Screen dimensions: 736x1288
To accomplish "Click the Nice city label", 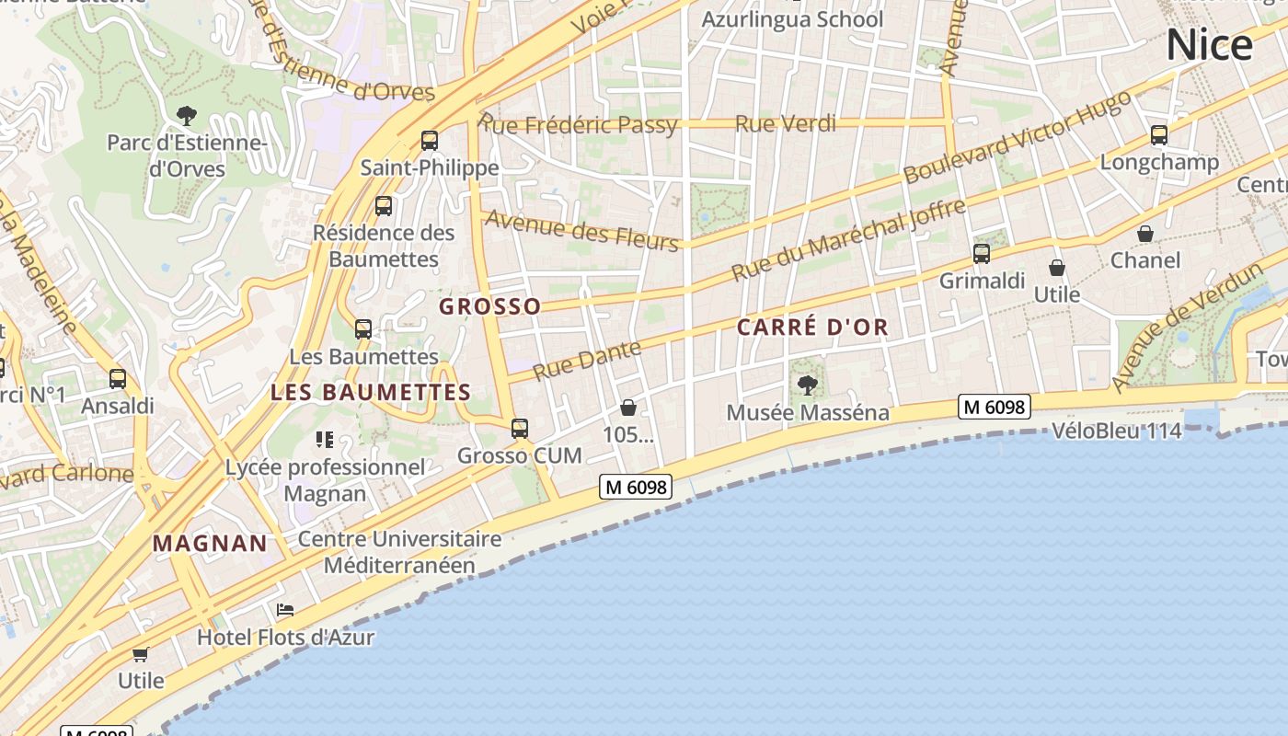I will (x=1209, y=45).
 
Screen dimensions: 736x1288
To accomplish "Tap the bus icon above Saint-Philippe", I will (x=430, y=141).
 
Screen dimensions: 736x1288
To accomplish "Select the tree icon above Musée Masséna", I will (x=808, y=385).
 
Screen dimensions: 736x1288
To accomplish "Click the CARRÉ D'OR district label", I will (x=812, y=328).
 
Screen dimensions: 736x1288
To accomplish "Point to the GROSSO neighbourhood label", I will (x=489, y=306).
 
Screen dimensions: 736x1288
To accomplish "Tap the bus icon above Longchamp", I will (x=1159, y=135).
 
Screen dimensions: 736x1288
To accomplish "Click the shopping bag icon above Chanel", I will (x=1145, y=234).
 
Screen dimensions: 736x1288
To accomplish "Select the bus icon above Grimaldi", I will (x=982, y=254).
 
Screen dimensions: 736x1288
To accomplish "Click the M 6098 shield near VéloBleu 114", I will (x=994, y=407).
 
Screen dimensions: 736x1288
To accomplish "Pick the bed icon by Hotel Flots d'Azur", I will (x=285, y=610).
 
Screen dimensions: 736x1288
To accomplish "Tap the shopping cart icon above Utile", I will (x=140, y=654).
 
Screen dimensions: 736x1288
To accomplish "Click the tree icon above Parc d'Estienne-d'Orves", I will (x=187, y=116).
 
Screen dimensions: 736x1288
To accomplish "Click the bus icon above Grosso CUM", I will (x=520, y=429).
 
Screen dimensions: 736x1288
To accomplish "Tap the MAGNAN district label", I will (x=210, y=543).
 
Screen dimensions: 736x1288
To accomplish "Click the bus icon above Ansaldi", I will (x=118, y=379).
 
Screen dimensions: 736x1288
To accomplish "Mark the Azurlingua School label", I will (x=792, y=19).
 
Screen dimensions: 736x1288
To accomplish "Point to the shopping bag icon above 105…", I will (x=628, y=407).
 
